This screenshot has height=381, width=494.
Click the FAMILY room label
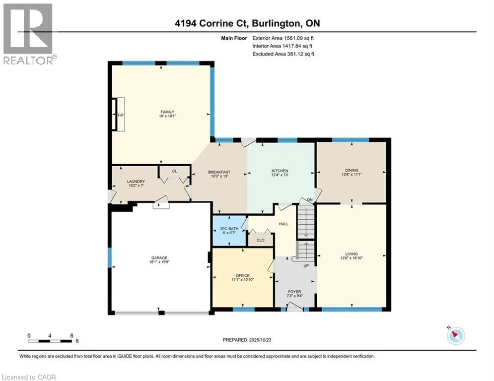pos(167,112)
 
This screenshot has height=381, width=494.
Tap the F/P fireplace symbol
pos(119,114)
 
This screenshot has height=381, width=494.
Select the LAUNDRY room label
pos(136,182)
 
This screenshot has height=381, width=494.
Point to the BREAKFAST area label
pos(219,172)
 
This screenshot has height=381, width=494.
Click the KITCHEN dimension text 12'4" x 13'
pos(280,175)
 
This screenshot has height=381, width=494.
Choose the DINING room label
pos(352,170)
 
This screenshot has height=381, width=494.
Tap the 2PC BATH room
pos(229,231)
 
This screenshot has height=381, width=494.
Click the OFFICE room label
pos(243,275)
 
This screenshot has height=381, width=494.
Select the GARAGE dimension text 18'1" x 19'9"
pos(159,261)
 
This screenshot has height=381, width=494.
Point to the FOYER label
pos(294,292)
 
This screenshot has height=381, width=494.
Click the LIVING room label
pos(352,254)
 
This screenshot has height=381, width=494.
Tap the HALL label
pos(283,224)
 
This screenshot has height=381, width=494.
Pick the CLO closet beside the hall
pos(261,240)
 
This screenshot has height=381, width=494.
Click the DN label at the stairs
pos(310,199)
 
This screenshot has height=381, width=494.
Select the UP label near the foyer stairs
pos(306,266)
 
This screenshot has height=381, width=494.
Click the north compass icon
pos(456,336)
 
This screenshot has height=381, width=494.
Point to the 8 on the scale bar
pos(72,336)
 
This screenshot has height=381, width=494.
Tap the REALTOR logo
pos(28,34)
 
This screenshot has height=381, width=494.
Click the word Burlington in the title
pos(275,23)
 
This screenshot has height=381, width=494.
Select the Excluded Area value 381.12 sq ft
pos(300,54)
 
